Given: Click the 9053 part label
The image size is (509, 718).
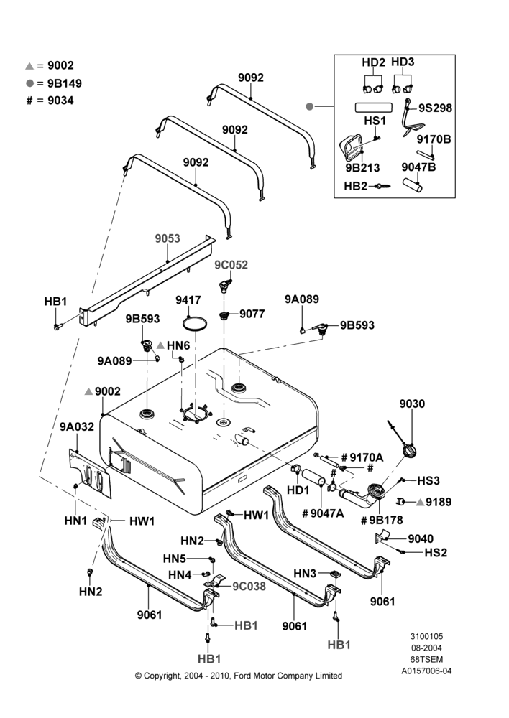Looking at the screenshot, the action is pos(168,238).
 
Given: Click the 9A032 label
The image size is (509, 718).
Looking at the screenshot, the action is pos(77,426).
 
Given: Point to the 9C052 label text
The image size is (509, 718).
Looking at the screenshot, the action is pos(231,265).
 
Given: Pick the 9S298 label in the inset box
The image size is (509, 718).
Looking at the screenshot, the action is pos(435,108).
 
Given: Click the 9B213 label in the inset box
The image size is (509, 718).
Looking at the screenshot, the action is pos(363,167).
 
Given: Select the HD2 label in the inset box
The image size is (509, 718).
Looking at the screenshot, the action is pos(373,62).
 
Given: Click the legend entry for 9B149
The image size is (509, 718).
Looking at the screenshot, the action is pos(54,83).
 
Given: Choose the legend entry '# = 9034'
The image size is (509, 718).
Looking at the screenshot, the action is pos(50,101).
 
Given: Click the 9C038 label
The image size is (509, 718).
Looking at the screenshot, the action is pos(249,586).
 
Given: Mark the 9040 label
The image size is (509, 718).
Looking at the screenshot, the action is pos(421,538).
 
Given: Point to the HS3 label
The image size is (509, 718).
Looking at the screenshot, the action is pos(428,480).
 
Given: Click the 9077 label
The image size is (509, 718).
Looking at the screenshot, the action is pos(252,314).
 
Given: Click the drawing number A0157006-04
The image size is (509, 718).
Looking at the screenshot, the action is pos(426,671).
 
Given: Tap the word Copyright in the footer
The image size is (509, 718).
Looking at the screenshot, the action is pos(162,676).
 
